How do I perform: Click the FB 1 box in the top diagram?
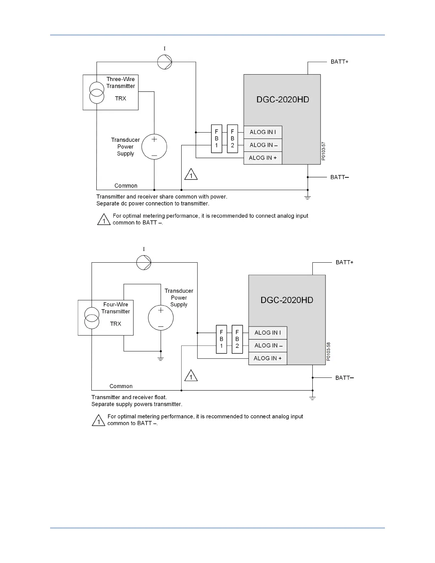216,139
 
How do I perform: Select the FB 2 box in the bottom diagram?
237,339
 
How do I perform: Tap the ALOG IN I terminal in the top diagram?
263,132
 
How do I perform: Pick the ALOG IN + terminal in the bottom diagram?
268,358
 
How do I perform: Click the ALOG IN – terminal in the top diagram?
263,145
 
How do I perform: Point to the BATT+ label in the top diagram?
339,62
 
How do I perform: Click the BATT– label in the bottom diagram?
344,378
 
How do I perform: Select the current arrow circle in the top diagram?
165,62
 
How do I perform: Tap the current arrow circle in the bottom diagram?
144,263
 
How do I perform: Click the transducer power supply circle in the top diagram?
154,147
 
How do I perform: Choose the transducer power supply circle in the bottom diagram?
161,318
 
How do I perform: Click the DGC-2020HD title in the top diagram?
283,100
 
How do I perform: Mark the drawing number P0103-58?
328,352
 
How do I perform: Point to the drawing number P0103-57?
323,151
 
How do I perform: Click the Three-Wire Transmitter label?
121,83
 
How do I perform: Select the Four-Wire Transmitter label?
116,308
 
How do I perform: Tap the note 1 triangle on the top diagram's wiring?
191,175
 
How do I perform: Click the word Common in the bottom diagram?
121,386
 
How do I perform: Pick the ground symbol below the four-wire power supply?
161,358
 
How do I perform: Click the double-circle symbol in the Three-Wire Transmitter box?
97,92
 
